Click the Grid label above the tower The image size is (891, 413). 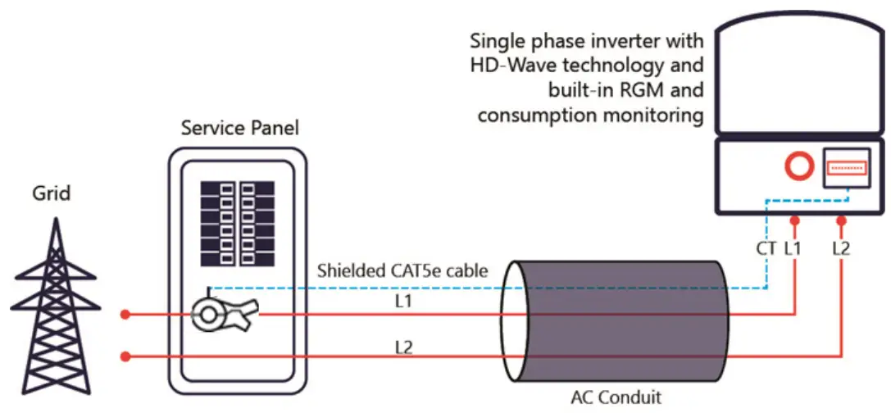(x=51, y=194)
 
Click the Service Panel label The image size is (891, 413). (x=239, y=128)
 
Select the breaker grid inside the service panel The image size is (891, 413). (x=239, y=222)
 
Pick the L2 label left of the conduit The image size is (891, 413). (x=402, y=347)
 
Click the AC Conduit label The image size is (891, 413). (x=616, y=397)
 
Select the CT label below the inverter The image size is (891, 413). (x=766, y=247)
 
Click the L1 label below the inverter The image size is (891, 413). (x=793, y=247)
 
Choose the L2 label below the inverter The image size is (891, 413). (x=841, y=247)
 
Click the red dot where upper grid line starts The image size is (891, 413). (x=125, y=314)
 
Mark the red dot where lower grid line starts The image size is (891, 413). (x=125, y=356)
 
